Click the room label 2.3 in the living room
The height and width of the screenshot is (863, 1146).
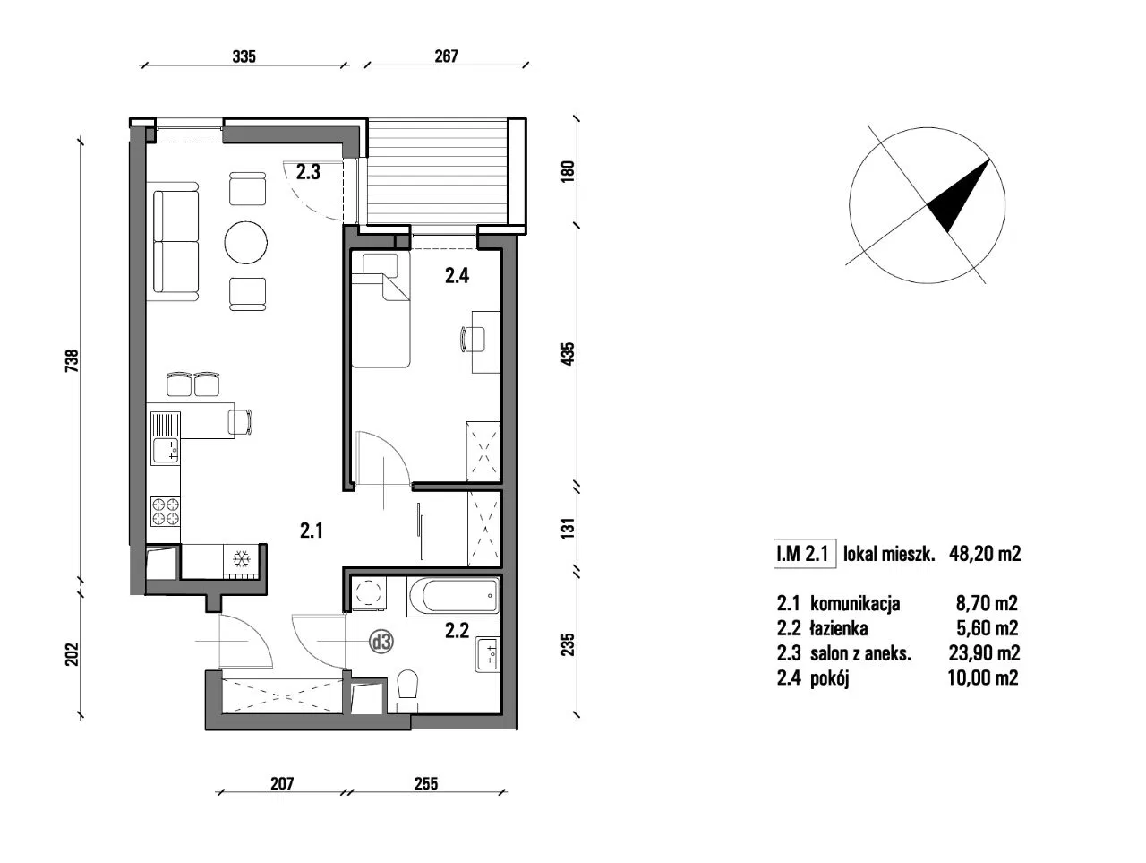308,172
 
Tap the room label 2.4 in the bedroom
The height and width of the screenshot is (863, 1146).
457,275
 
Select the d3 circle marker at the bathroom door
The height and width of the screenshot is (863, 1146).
381,642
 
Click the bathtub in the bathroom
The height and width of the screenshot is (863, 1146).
454,595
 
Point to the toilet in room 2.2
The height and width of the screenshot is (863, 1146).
407,692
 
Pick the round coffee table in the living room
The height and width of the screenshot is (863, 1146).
246,242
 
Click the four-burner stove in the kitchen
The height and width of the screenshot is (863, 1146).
165,512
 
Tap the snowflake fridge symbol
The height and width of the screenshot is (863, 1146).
240,559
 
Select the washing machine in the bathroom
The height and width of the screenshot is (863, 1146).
369,593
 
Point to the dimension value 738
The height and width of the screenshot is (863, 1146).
72,360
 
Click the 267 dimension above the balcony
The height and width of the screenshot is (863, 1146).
447,56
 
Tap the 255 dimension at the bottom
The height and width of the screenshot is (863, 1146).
426,783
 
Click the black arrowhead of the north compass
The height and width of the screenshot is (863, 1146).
960,194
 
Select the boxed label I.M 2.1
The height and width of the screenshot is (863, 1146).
804,554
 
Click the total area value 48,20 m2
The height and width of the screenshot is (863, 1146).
985,554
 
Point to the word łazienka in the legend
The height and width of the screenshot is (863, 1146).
839,628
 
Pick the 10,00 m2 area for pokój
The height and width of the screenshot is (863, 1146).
982,678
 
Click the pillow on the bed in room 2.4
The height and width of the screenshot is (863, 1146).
380,264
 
